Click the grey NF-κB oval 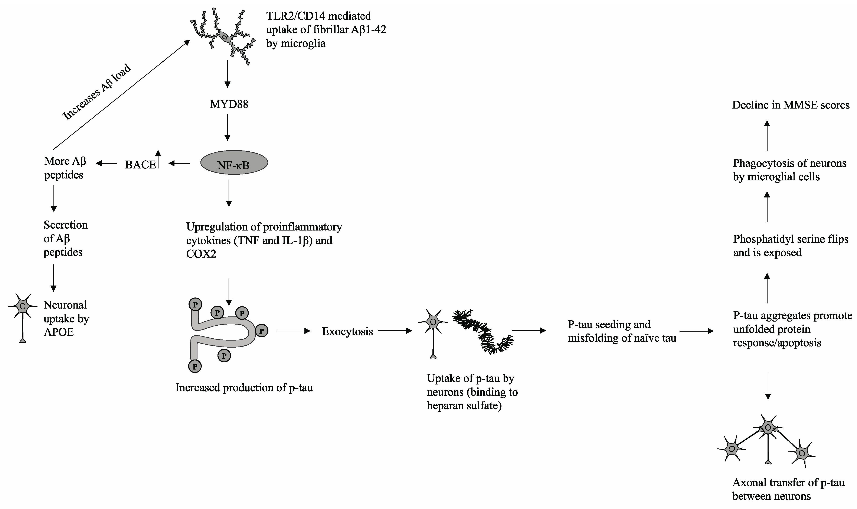234,162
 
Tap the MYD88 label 229,104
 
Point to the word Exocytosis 347,332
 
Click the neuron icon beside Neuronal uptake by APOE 23,316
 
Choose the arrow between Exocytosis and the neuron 395,331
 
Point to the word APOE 59,332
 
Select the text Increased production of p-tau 244,388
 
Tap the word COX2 201,254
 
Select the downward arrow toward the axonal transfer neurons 768,386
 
